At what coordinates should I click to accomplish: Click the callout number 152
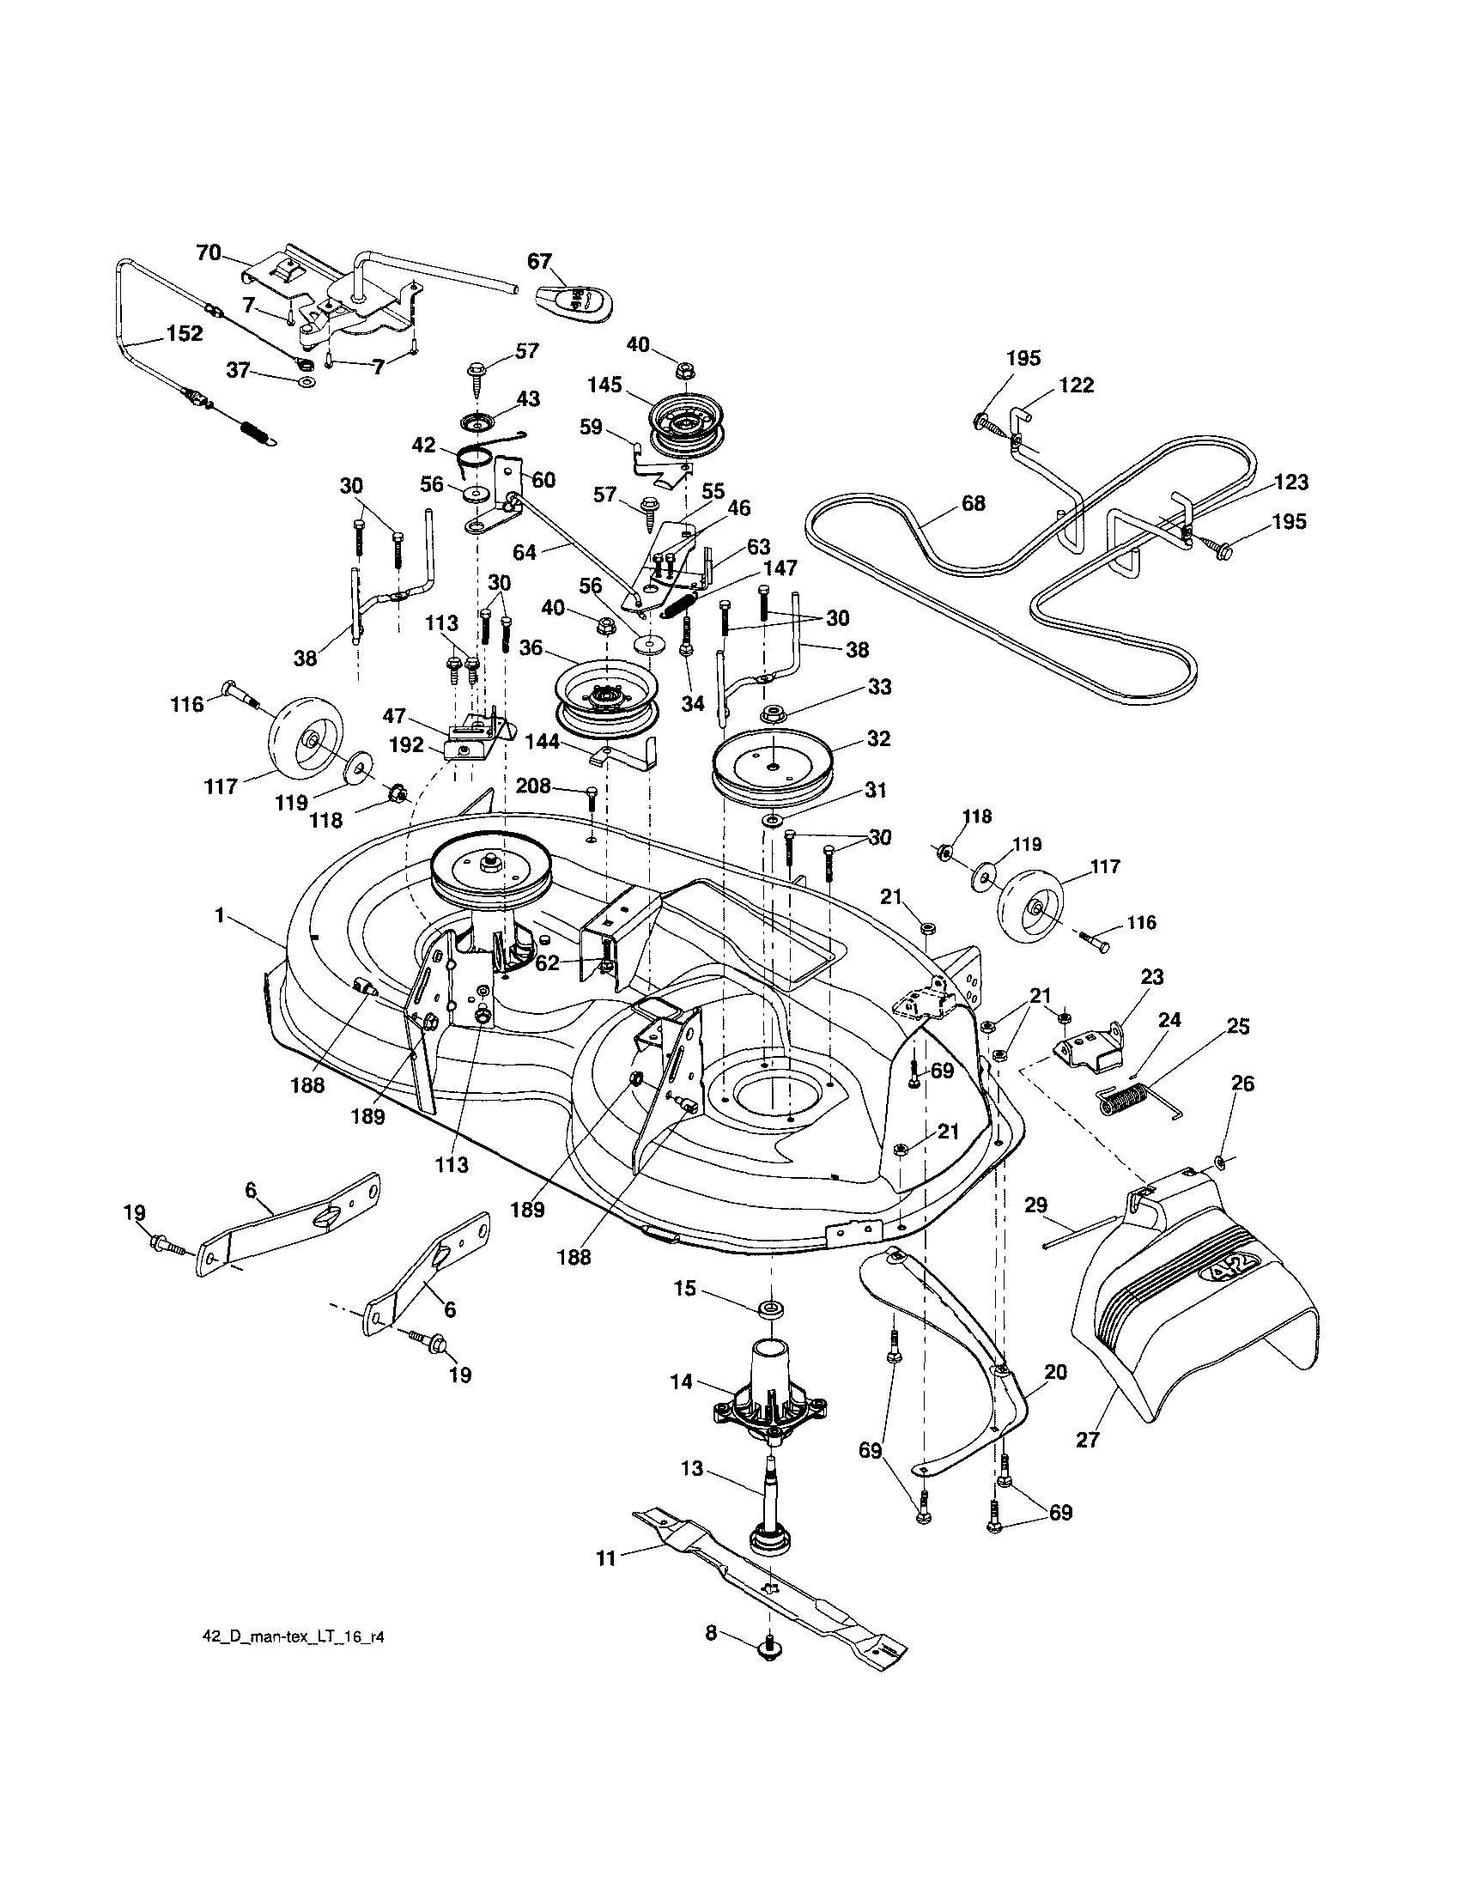(185, 333)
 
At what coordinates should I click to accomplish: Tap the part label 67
(539, 260)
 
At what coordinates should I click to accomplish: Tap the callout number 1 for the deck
(220, 915)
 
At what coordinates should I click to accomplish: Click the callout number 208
(533, 786)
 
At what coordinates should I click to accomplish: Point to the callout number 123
(1291, 482)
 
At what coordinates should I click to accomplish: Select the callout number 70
(209, 253)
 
